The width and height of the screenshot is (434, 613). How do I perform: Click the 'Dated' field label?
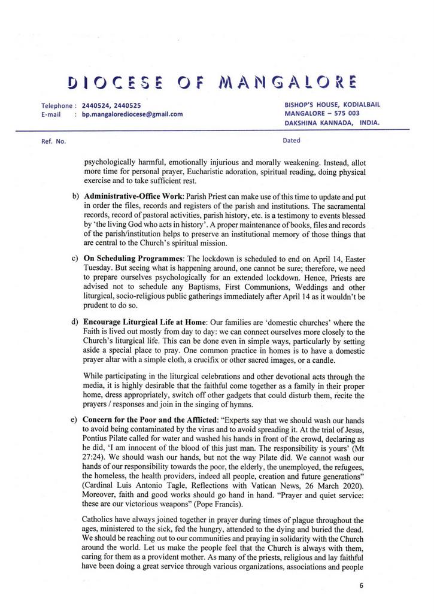292,141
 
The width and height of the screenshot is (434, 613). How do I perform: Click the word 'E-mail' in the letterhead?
52,114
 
